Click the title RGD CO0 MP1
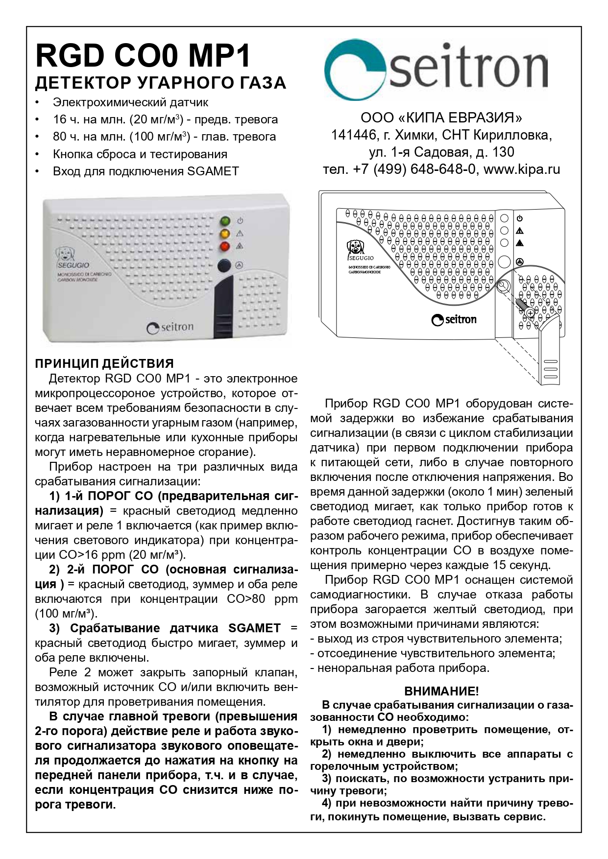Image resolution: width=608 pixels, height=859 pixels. coord(143,56)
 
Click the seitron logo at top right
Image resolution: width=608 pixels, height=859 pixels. coord(436,71)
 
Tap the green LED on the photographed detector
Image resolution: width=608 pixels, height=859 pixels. coord(225,221)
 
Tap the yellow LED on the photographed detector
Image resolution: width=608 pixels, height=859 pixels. coord(225,234)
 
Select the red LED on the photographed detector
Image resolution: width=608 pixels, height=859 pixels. coord(225,246)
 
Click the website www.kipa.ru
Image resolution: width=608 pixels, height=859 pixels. coord(521,169)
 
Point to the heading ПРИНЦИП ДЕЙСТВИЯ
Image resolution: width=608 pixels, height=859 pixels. coord(104,363)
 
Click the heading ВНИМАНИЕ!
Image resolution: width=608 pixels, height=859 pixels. coord(441,692)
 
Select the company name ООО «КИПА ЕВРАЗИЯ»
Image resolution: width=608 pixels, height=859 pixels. coord(441,118)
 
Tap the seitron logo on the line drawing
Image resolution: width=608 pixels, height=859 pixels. coord(454,320)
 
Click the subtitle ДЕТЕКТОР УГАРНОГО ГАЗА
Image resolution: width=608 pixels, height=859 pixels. coord(160,83)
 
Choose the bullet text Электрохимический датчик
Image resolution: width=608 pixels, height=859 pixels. coord(130,103)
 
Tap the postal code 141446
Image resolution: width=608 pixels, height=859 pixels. coord(351,135)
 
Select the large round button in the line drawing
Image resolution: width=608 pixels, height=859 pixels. coord(504,262)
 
